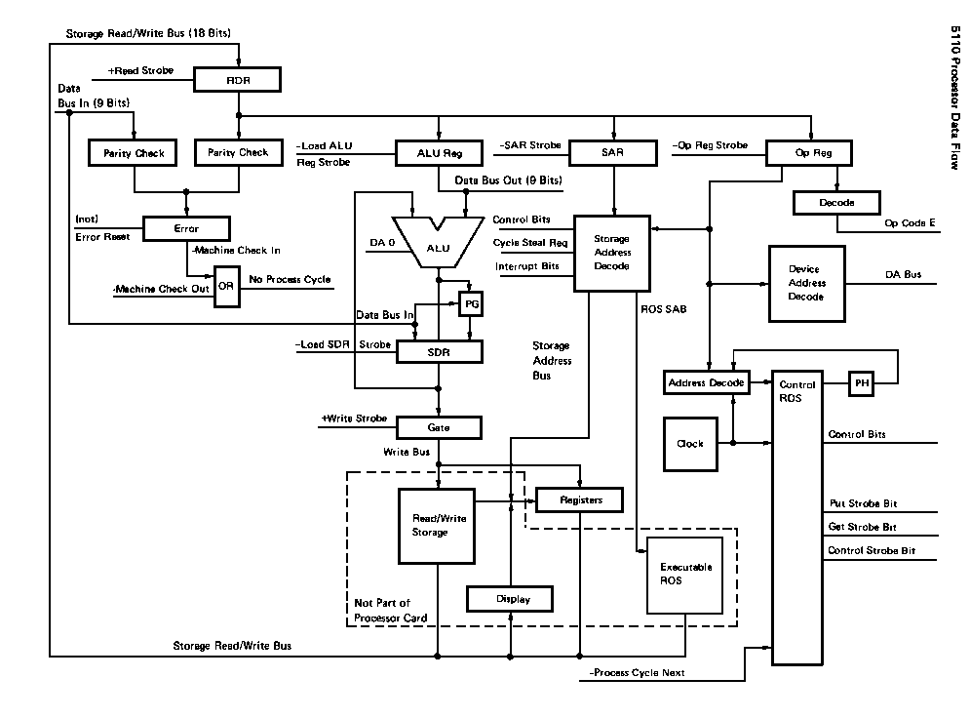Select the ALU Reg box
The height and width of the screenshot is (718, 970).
438,153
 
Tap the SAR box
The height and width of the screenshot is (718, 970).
612,153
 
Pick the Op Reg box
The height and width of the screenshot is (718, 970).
808,153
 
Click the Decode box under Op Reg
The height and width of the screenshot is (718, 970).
836,203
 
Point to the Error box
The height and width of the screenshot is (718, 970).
185,229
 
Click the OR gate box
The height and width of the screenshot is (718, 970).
226,286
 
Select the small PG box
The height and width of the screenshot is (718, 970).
472,303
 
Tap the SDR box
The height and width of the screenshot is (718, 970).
439,351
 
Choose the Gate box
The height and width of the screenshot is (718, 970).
439,427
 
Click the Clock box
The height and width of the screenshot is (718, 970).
690,444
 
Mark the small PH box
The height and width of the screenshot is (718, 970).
862,383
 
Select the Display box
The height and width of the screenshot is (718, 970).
511,598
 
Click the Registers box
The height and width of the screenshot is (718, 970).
580,500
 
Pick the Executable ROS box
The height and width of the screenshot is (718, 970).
686,574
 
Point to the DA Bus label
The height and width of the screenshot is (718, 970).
903,275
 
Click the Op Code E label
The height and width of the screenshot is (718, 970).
910,223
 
